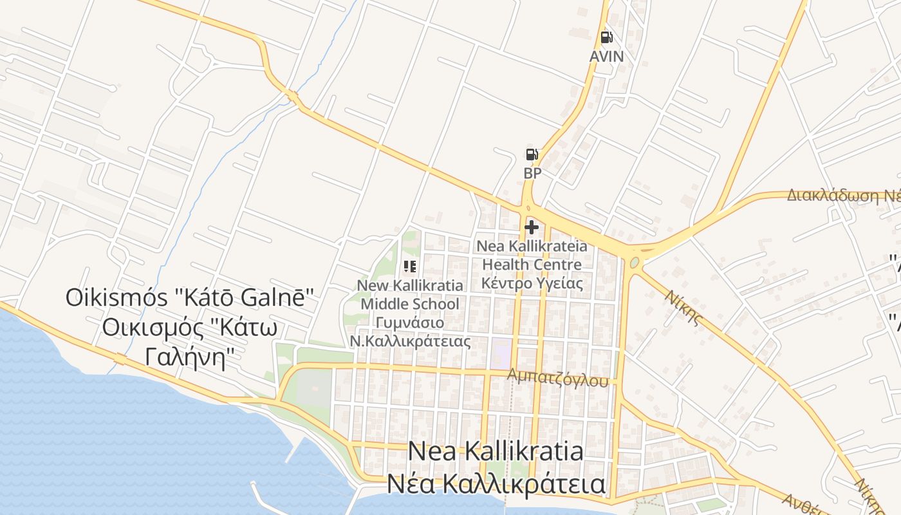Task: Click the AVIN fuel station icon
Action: pyautogui.click(x=606, y=37)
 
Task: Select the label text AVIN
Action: pyautogui.click(x=606, y=57)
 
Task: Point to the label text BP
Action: pyautogui.click(x=532, y=173)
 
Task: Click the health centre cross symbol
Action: pyautogui.click(x=532, y=227)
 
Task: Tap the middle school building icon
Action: pyautogui.click(x=410, y=267)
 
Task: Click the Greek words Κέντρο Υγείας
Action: pyautogui.click(x=532, y=283)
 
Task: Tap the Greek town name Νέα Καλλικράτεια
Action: pyautogui.click(x=496, y=484)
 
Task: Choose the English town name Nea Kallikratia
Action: pyautogui.click(x=496, y=451)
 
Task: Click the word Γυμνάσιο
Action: pyautogui.click(x=410, y=323)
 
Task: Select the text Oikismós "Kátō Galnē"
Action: pyautogui.click(x=189, y=297)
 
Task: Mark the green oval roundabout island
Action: pyautogui.click(x=635, y=263)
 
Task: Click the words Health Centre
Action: pyautogui.click(x=532, y=265)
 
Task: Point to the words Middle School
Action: pyautogui.click(x=410, y=304)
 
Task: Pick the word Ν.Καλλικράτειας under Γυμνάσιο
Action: pyautogui.click(x=410, y=341)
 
